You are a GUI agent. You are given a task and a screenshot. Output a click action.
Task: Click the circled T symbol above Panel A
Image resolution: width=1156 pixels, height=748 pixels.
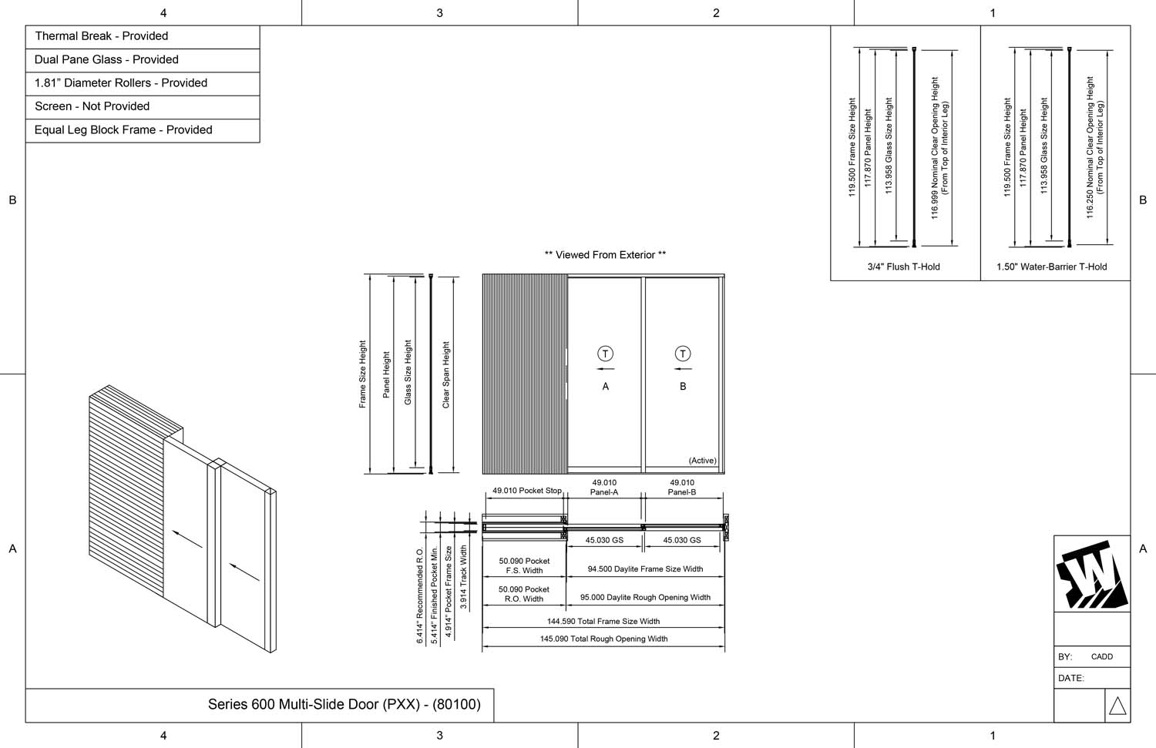coord(605,354)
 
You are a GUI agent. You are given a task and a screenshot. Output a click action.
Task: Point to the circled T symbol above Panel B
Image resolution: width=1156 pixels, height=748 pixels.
coord(683,354)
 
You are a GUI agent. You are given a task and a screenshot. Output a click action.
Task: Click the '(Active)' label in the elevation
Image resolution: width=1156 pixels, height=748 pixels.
coord(702,461)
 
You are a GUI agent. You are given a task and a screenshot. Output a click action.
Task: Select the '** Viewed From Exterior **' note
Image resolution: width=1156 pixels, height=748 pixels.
coord(605,255)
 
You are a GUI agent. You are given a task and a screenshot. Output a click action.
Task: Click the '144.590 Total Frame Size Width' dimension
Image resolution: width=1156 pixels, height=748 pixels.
coord(603,621)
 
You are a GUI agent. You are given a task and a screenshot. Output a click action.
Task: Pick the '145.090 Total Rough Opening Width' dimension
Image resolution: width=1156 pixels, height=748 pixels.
coord(603,639)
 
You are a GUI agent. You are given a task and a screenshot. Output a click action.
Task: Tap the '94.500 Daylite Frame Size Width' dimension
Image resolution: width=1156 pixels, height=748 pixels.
coord(645,569)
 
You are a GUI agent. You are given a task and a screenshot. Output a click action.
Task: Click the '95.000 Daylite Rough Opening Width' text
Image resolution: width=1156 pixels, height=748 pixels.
coord(645,597)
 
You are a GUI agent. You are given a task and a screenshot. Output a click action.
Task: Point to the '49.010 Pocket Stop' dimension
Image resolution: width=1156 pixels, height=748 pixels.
coord(527,491)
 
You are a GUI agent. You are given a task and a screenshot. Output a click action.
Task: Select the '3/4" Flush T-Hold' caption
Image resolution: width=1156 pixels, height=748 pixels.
coord(903,267)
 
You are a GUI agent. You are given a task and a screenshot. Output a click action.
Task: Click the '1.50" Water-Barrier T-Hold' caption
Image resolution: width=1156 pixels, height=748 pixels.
coord(1051,267)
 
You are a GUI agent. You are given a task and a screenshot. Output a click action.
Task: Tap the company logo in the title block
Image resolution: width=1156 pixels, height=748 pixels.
coord(1091,575)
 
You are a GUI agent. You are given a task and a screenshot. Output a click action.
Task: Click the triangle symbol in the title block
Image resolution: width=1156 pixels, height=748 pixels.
coord(1117,706)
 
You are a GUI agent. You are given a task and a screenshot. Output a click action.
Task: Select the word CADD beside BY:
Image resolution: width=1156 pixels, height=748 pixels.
coord(1102,657)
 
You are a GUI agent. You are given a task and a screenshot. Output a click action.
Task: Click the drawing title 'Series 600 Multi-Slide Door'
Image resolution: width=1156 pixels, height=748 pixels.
coord(344,704)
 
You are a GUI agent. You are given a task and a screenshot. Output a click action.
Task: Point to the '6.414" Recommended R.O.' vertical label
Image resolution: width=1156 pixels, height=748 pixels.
coord(420,595)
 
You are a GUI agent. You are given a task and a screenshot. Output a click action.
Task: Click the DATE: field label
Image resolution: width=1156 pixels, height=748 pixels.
coord(1071,679)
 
